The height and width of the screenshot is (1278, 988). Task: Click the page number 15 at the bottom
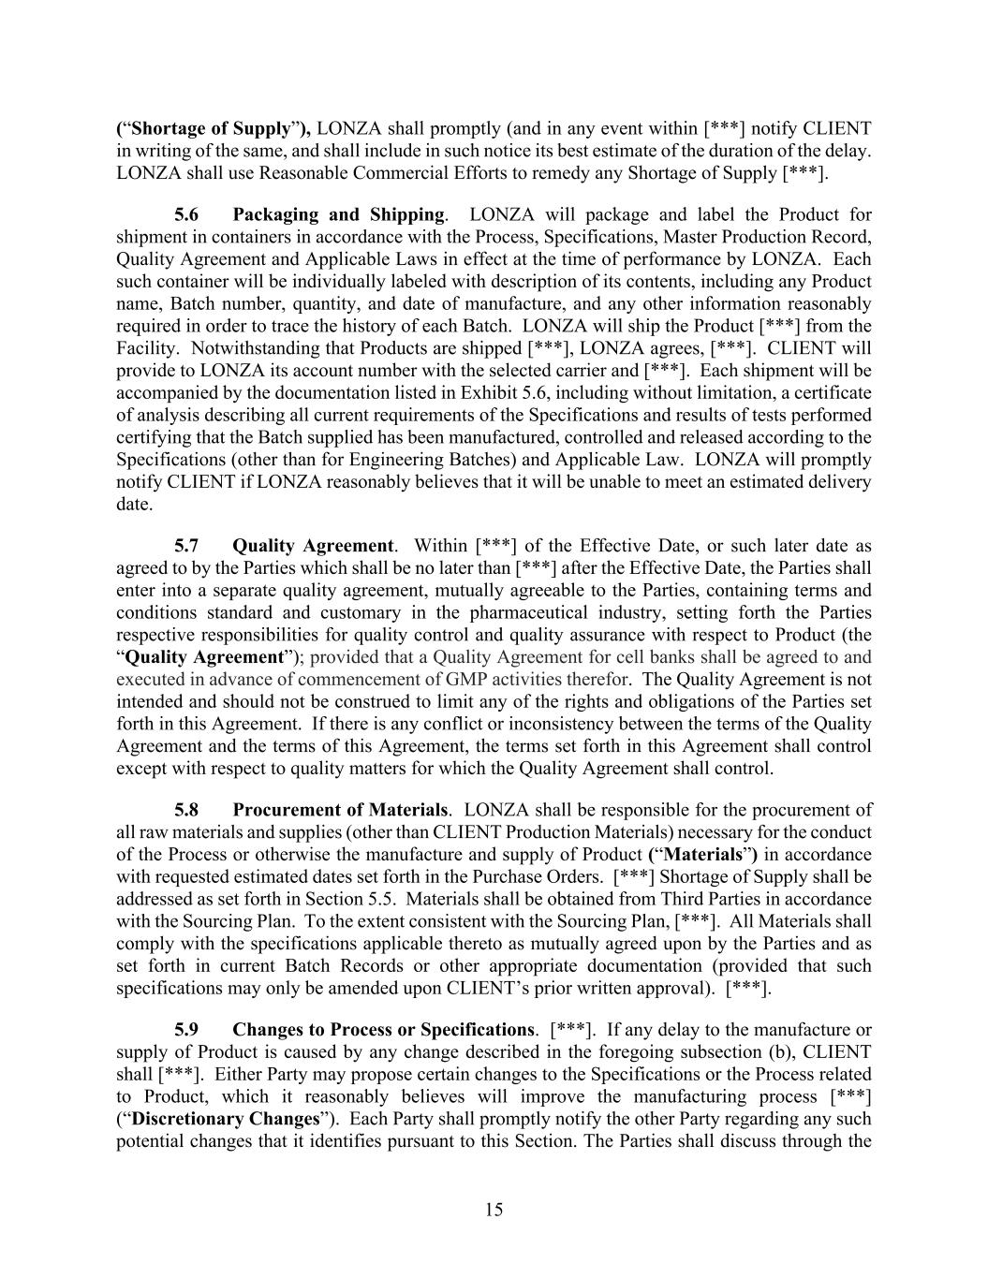(494, 1210)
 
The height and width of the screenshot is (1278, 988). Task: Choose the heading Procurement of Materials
(340, 810)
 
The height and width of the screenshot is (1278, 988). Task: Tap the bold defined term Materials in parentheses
(702, 855)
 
